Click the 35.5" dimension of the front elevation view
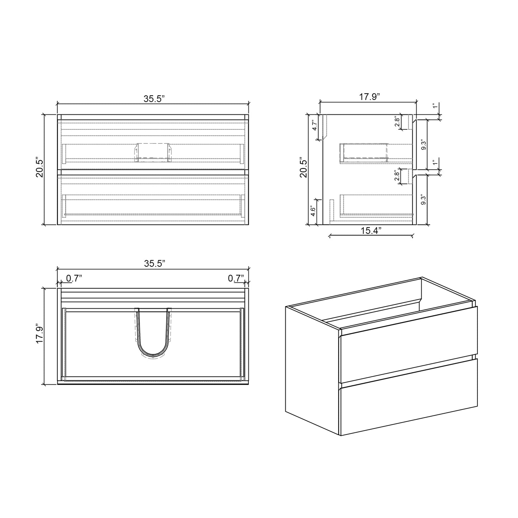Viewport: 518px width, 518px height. point(154,99)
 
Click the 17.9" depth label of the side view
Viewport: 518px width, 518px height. point(369,97)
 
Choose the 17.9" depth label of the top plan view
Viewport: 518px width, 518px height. point(39,334)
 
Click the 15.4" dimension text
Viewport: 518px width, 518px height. point(371,231)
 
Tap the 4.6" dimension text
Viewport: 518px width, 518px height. point(313,212)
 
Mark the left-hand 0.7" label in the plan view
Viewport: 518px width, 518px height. point(74,278)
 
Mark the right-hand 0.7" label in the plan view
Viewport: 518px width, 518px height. point(236,278)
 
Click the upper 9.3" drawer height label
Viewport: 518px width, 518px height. point(424,145)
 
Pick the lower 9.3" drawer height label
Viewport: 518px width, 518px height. point(424,200)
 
